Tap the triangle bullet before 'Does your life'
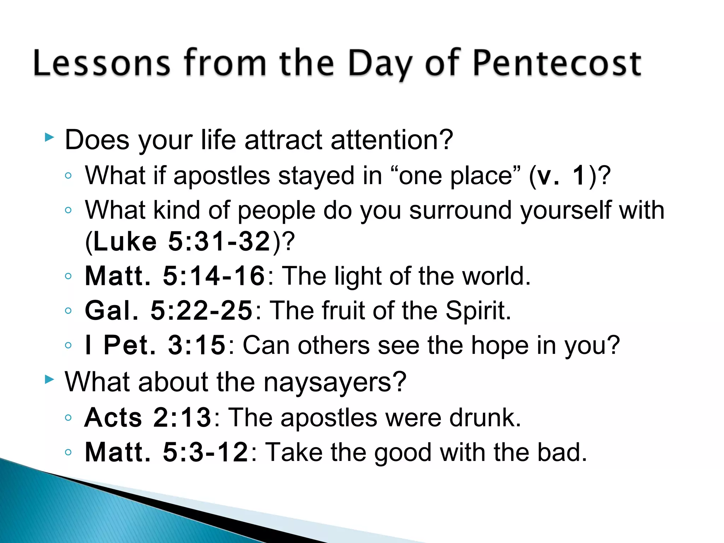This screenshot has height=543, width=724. (x=49, y=138)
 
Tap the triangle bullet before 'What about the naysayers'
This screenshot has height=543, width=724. (x=49, y=380)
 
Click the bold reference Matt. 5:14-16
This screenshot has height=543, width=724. (x=175, y=276)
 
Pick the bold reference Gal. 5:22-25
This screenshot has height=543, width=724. (x=169, y=311)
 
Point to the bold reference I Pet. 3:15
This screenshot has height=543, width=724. (x=155, y=345)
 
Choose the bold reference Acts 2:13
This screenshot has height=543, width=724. (x=148, y=418)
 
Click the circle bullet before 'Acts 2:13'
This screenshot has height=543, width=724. (x=68, y=418)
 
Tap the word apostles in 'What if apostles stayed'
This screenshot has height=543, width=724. (x=222, y=176)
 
